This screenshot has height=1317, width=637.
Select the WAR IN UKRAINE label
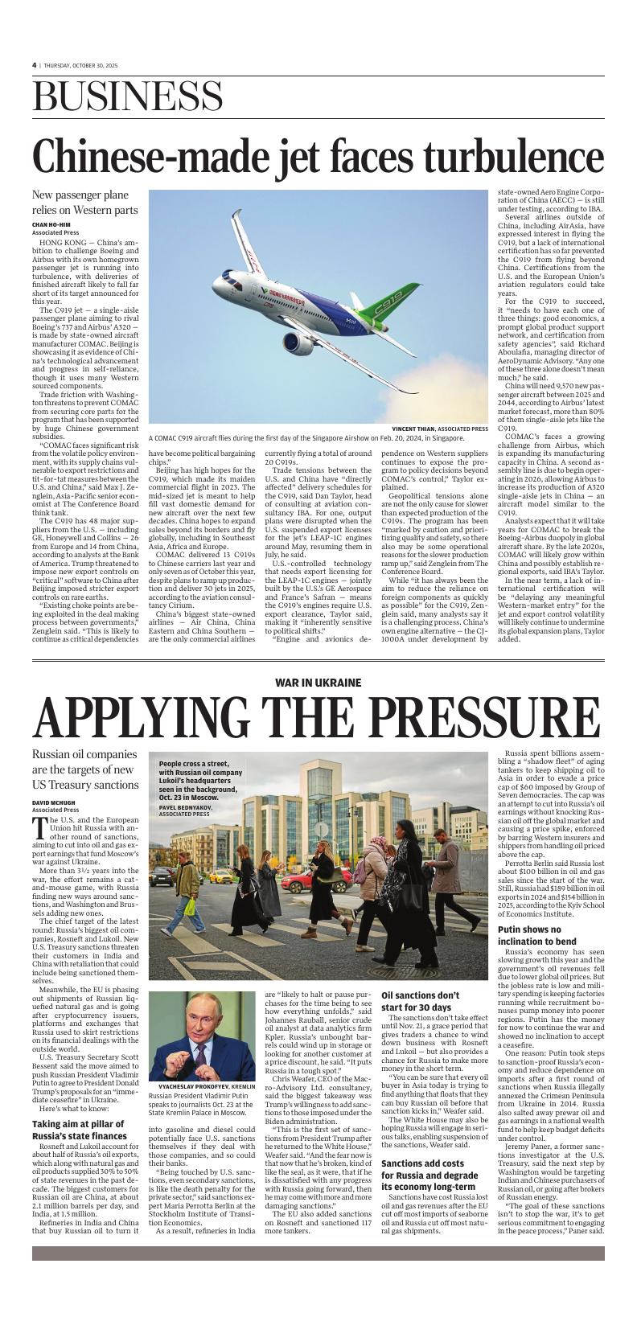click(x=318, y=682)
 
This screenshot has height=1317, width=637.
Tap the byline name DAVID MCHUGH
click(x=55, y=802)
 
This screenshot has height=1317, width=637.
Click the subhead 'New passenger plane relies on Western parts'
click(x=84, y=203)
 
